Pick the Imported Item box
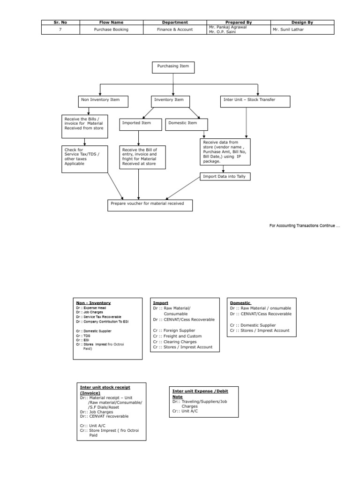[139, 124]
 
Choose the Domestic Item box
[187, 124]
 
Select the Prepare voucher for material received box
[150, 205]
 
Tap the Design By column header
[302, 22]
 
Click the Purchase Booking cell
[111, 29]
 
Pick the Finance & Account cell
[174, 29]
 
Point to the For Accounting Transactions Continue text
[304, 226]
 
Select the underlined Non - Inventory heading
[93, 303]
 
